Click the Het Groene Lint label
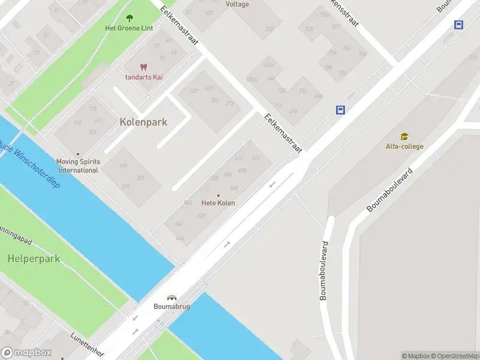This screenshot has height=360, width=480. pos(129,28)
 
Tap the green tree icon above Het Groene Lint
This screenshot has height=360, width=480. pos(130,19)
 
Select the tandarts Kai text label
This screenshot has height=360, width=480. pos(143,77)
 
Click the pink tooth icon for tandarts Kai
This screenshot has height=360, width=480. pos(143,67)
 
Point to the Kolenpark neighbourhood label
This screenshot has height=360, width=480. pos(143,122)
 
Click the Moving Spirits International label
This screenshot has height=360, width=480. pos(77,166)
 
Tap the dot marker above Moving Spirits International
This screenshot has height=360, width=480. pos(77,154)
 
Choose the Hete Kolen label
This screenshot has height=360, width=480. pos(218,203)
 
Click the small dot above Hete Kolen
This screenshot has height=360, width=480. pos(218,195)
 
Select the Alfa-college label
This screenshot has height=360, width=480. pos(404,146)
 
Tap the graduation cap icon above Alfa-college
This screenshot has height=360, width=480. pos(404,137)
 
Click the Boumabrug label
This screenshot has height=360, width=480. pos(172,307)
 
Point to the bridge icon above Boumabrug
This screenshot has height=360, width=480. pos(172,298)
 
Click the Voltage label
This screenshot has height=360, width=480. pos(238,4)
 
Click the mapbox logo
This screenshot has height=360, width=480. pos(26,353)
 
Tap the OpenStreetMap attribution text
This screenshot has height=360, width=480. pos(456,356)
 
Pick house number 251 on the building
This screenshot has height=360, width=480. pos(141,178)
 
